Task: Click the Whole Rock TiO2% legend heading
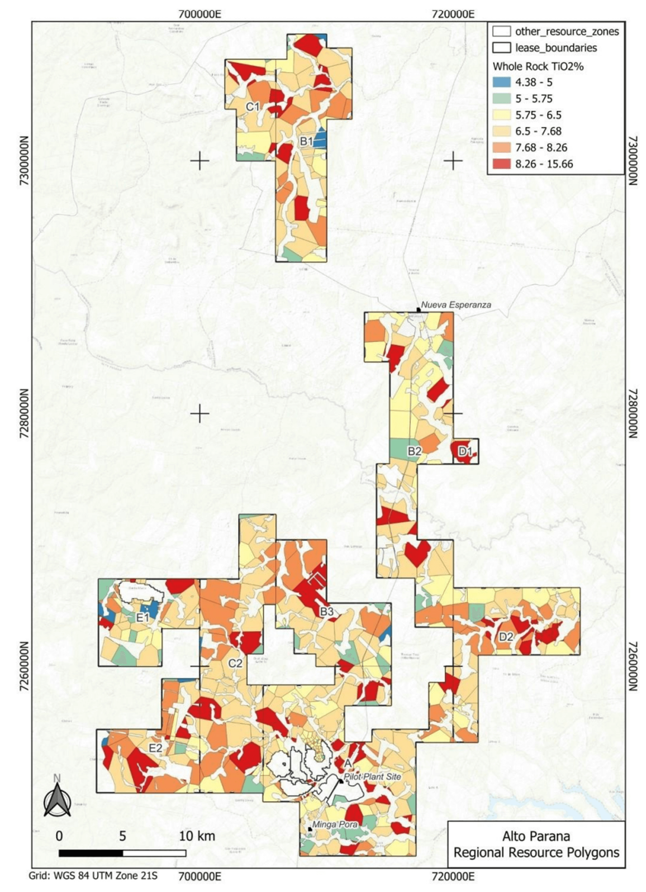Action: point(538,66)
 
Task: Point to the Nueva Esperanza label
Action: point(456,305)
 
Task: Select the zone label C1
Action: point(252,107)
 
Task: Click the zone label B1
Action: point(306,141)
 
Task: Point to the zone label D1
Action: point(465,452)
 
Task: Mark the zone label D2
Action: point(506,637)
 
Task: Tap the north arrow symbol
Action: point(57,799)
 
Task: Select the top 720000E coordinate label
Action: point(453,14)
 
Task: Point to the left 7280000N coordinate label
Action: point(24,414)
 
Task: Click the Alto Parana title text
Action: point(536,836)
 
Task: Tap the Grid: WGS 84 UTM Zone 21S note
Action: point(93,875)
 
